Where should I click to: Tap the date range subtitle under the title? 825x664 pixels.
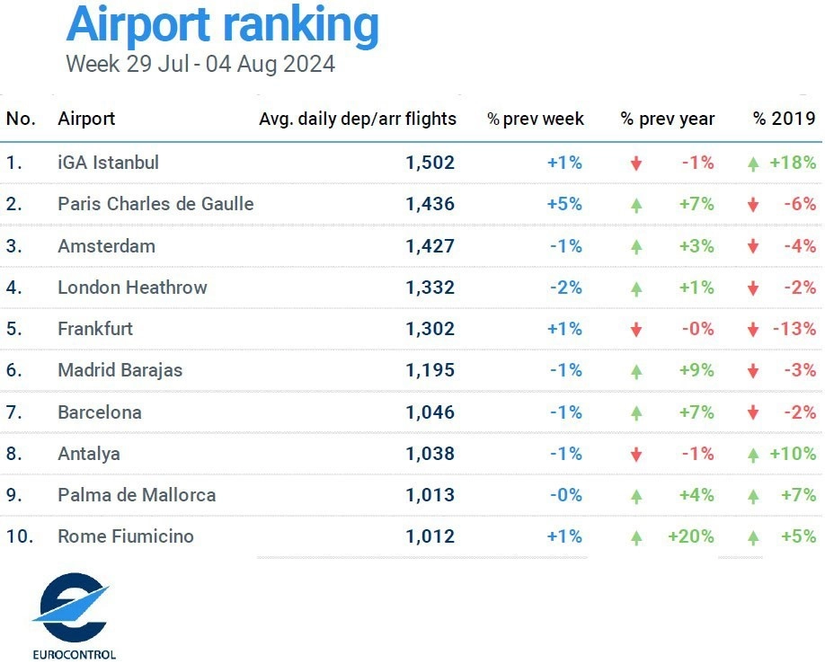pos(200,65)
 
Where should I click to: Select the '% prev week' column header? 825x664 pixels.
pos(536,119)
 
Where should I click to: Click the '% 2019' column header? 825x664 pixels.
pos(785,119)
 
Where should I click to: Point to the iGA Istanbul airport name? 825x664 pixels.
pos(108,163)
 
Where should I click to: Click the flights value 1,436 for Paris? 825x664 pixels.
pos(430,204)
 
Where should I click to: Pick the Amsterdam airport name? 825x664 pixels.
pos(106,246)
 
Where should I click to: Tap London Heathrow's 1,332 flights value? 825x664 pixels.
pos(430,288)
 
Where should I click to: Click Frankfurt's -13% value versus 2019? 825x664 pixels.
pos(794,329)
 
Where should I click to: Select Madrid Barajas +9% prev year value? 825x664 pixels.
pos(697,370)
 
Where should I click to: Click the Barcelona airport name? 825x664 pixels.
pos(99,412)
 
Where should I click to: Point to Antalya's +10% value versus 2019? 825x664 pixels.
pos(793,454)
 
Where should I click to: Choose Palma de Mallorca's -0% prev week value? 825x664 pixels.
pos(565,495)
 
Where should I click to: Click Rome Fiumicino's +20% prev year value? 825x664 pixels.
pos(691,536)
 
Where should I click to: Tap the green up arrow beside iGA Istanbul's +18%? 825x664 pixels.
pos(753,164)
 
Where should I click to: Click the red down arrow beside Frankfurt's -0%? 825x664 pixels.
pos(636,330)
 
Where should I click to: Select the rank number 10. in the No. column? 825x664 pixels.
pos(20,536)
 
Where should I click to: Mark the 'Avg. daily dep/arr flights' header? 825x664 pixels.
pos(358,119)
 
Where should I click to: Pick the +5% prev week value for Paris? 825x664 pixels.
pos(564,204)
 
